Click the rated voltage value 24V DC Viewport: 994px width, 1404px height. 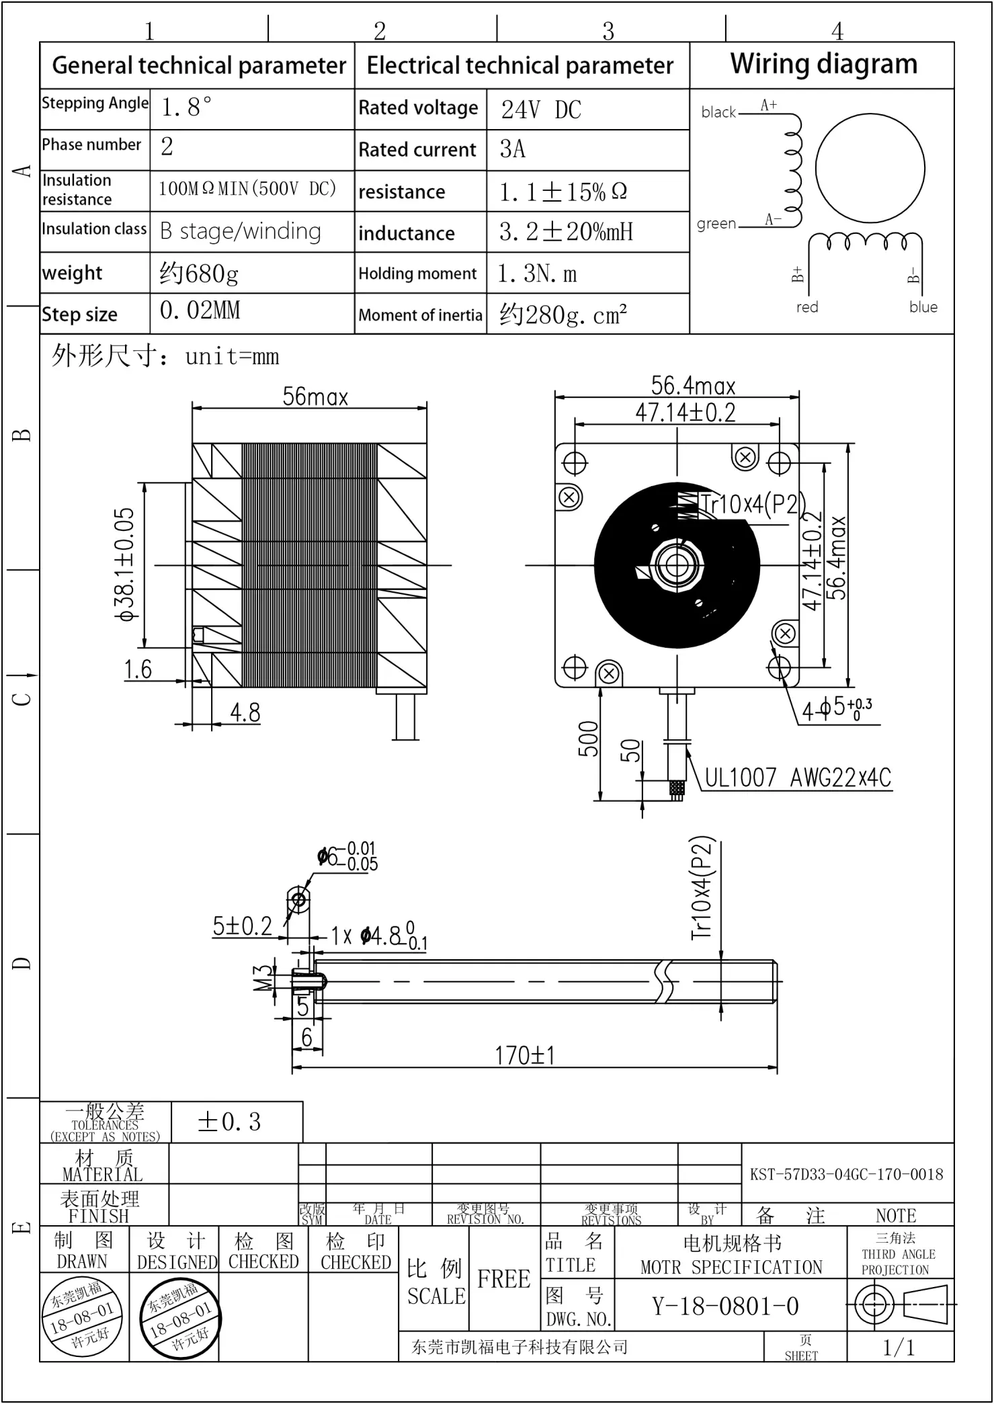541,110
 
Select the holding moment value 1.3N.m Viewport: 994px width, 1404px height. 537,274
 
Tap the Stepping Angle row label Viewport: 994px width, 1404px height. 95,104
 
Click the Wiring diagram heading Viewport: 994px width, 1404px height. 823,65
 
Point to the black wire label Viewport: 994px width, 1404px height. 718,112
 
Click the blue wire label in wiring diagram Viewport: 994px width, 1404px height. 923,307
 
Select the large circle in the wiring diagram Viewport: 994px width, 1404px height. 870,169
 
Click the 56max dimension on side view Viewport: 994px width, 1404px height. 315,397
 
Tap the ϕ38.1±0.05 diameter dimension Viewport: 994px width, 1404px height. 125,565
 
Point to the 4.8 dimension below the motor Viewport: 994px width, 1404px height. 245,712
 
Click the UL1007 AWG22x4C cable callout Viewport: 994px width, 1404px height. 798,778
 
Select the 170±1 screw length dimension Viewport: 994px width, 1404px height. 525,1055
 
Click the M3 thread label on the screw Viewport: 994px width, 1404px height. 264,978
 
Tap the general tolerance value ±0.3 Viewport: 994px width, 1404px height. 229,1122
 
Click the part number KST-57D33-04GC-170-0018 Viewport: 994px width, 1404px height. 846,1174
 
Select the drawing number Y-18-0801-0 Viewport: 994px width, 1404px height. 725,1306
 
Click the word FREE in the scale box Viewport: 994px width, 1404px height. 503,1278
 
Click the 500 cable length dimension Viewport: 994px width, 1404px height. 588,739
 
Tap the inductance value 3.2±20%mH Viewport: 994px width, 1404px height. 566,233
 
